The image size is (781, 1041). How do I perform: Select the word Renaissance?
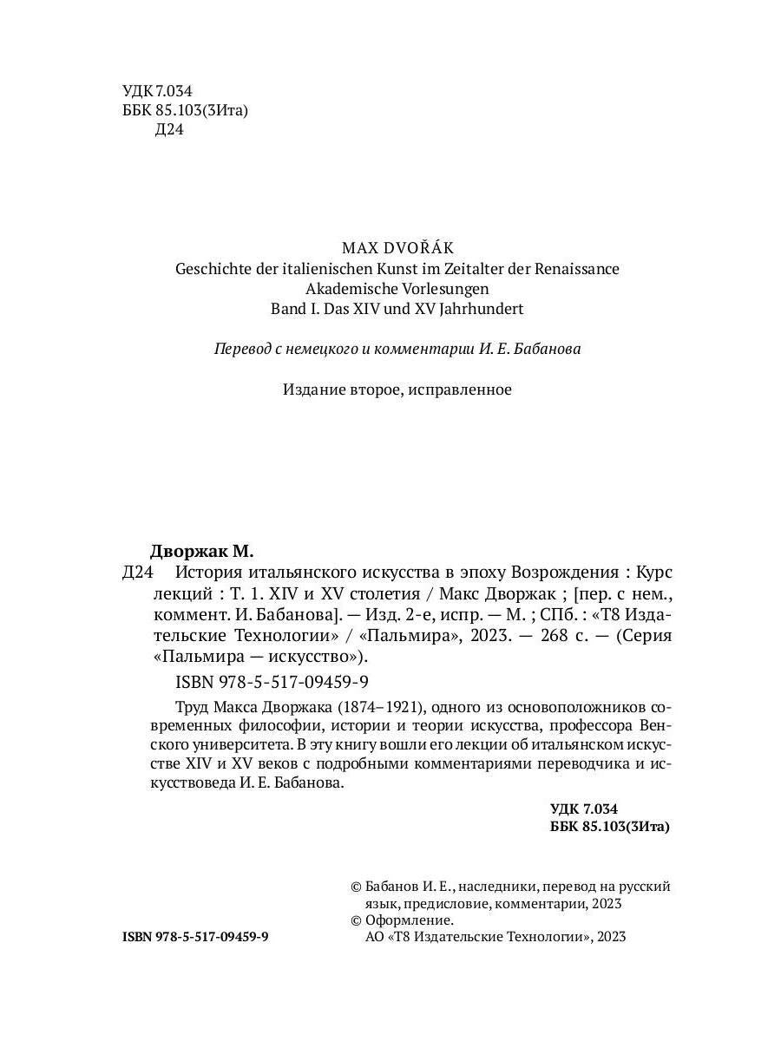[x=574, y=268]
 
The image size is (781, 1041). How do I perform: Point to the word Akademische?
[x=351, y=288]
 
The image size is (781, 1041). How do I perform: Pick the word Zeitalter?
[x=468, y=268]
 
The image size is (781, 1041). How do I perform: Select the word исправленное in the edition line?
[x=464, y=389]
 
